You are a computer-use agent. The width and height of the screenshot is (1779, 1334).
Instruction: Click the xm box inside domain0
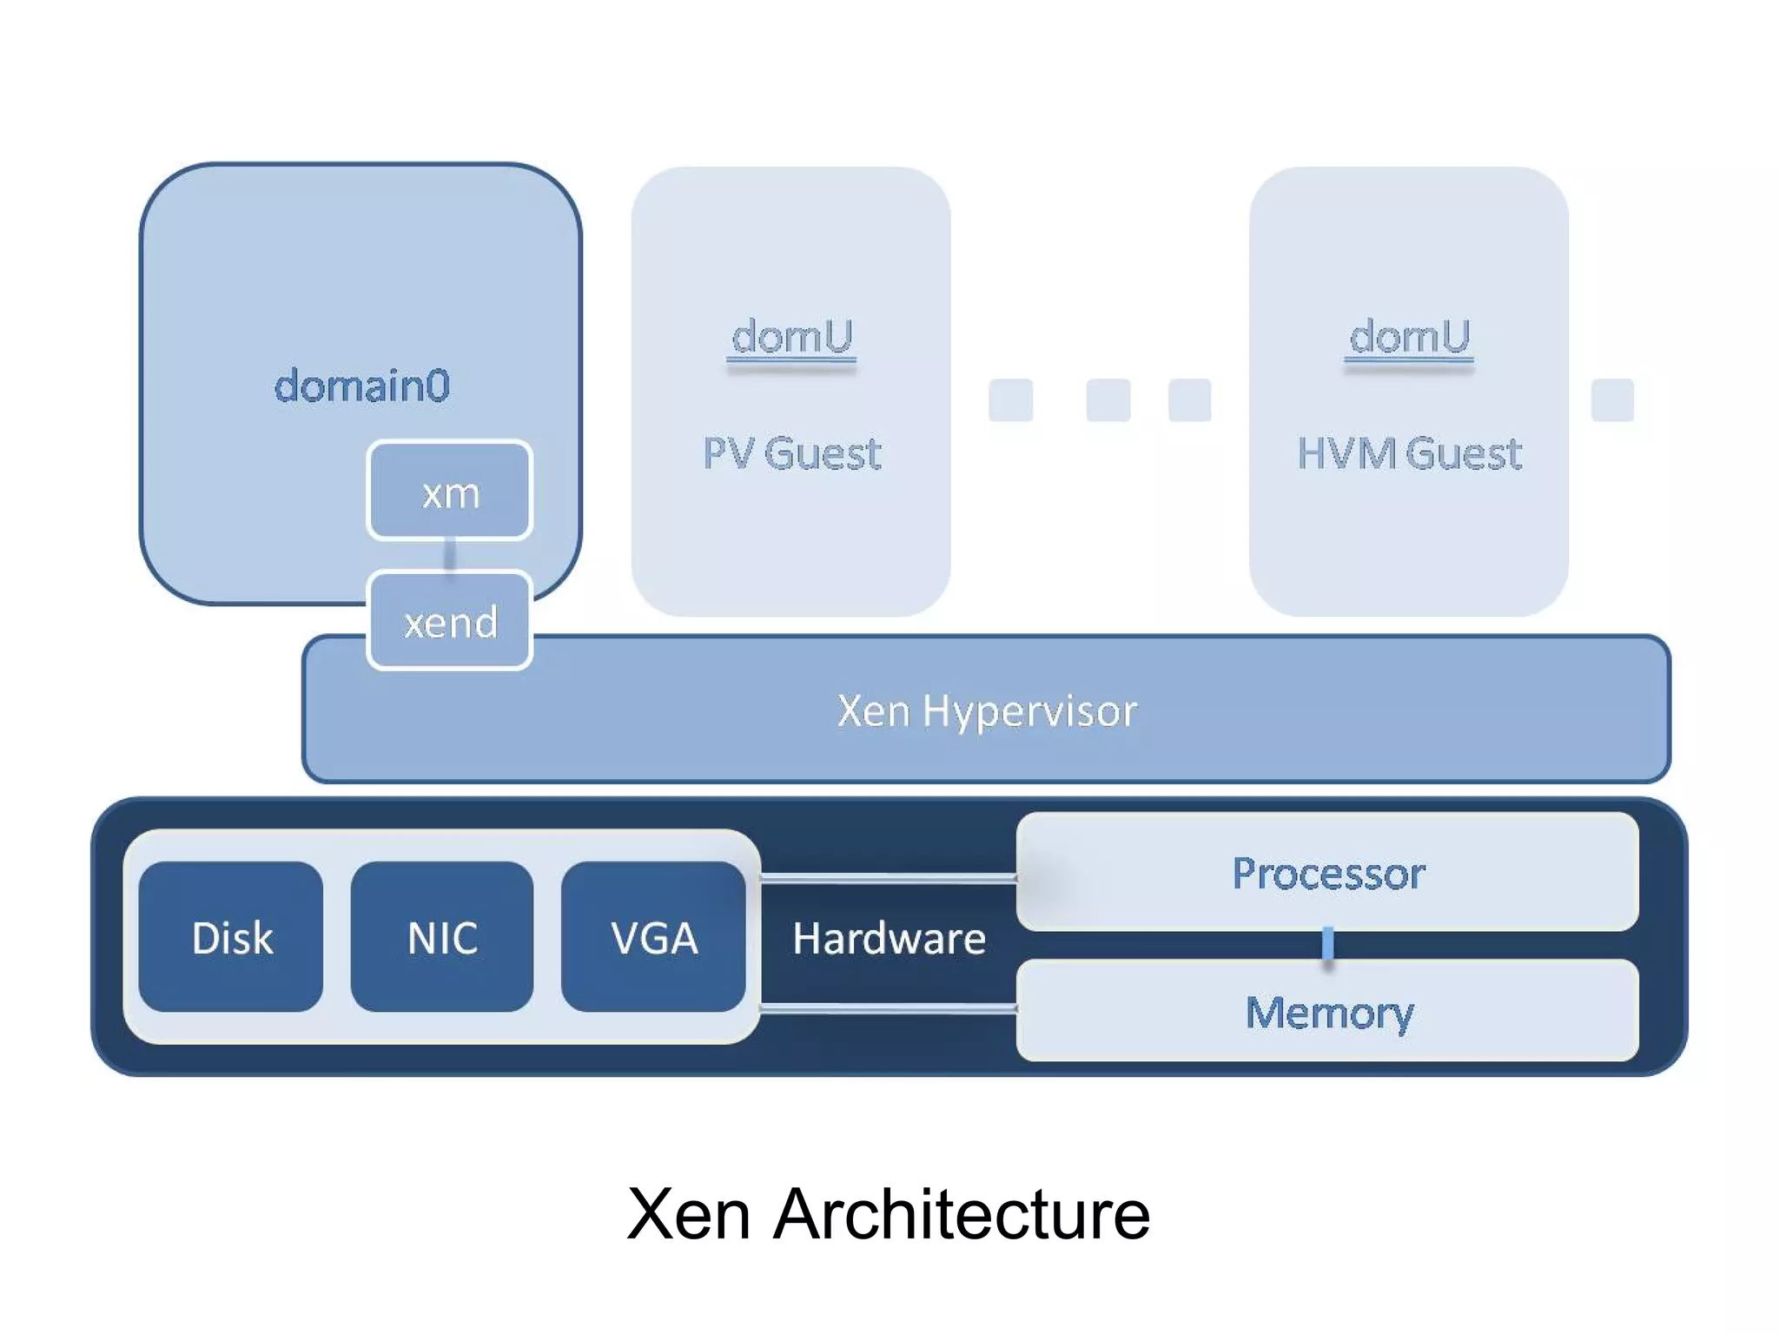point(449,492)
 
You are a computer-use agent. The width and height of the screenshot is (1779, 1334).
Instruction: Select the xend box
point(449,620)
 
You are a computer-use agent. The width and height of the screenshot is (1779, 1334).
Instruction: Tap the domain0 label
point(361,385)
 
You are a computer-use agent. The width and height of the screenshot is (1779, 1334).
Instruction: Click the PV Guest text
point(791,453)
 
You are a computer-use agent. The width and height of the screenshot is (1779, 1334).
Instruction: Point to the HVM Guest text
point(1409,453)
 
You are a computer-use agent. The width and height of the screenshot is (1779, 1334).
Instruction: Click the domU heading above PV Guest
point(791,336)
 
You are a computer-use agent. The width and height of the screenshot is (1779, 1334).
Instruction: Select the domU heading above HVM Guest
point(1409,336)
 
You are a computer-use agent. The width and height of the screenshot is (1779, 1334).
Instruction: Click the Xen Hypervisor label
point(987,710)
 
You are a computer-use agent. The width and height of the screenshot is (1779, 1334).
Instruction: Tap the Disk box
point(231,937)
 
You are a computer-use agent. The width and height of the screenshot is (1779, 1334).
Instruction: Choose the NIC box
point(442,937)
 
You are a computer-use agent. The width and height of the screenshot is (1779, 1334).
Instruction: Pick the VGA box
point(653,937)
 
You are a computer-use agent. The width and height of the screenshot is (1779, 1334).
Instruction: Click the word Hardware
point(889,938)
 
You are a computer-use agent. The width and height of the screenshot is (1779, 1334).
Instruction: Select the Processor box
point(1327,872)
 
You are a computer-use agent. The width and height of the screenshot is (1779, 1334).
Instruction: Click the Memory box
point(1327,1011)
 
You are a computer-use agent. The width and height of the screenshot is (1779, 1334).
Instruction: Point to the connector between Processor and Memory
point(1327,944)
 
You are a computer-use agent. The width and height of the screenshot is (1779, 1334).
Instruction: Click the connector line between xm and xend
point(449,554)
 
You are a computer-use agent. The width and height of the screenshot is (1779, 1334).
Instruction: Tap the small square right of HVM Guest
point(1612,400)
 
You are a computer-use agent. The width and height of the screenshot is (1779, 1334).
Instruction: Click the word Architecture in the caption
point(961,1213)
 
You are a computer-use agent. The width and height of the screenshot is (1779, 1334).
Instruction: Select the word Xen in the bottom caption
point(688,1213)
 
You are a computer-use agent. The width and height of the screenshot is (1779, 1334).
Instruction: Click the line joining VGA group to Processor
point(888,878)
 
